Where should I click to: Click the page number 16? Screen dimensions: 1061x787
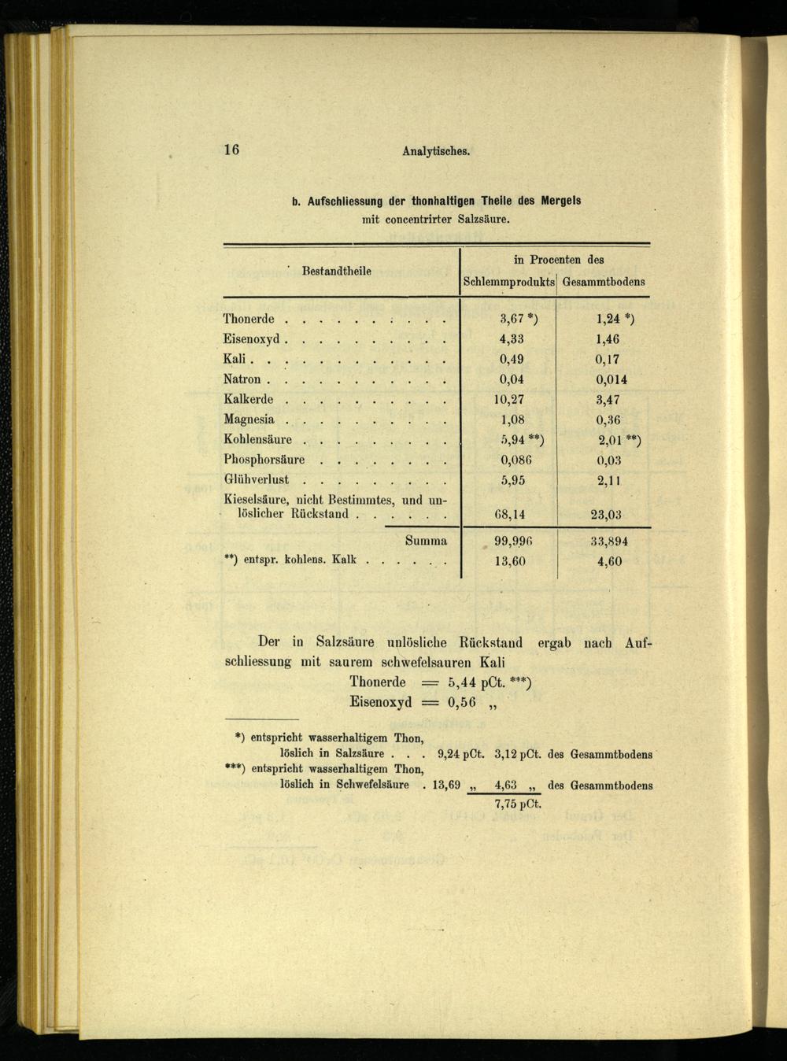231,150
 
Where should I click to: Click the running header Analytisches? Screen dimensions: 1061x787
436,151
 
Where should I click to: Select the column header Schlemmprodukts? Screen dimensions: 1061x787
508,282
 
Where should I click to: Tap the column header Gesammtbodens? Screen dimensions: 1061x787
604,282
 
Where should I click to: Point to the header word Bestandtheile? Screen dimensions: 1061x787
336,271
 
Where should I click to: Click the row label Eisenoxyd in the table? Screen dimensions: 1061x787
252,339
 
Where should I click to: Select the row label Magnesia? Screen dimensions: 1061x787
249,420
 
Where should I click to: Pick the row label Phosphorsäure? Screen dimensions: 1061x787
264,460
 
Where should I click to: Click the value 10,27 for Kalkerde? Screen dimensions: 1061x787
509,399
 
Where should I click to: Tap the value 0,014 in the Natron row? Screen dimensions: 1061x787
611,379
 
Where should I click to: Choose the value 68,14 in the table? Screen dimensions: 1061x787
510,515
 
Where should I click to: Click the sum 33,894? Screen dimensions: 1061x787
609,542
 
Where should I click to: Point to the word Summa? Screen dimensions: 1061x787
426,541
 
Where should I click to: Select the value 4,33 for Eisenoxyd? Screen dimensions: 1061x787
512,339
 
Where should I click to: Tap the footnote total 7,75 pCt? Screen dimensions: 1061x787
518,804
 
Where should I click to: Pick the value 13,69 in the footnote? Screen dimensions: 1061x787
446,785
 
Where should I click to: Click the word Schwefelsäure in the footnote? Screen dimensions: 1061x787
372,785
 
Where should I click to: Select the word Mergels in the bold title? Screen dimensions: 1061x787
560,201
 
